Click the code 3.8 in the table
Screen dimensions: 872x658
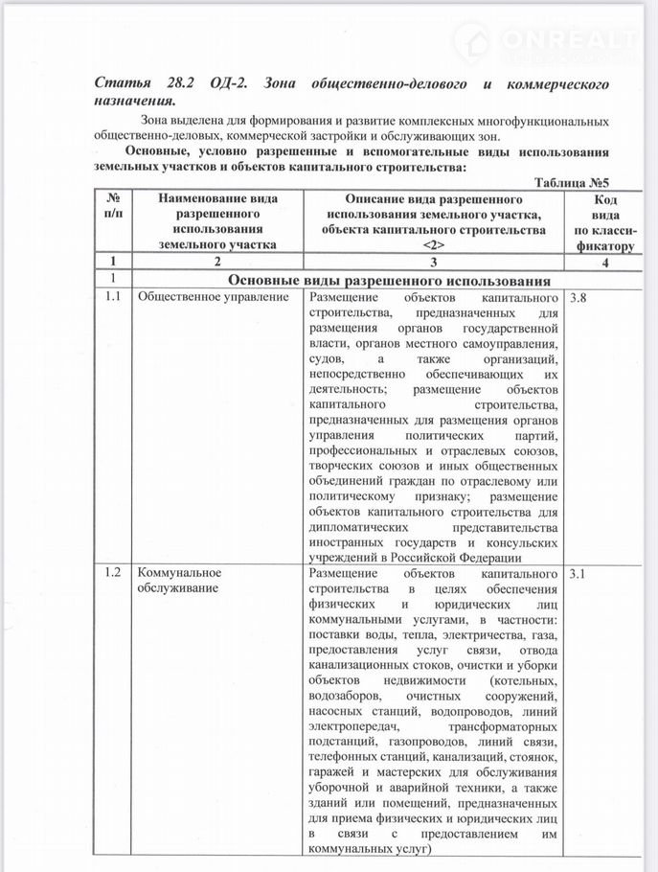point(579,299)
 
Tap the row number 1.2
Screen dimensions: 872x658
point(112,574)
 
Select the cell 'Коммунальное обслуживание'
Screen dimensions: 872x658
point(178,582)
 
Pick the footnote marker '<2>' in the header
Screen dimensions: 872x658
point(433,245)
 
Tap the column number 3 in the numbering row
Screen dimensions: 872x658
point(433,261)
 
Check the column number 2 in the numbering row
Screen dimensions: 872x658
point(217,261)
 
